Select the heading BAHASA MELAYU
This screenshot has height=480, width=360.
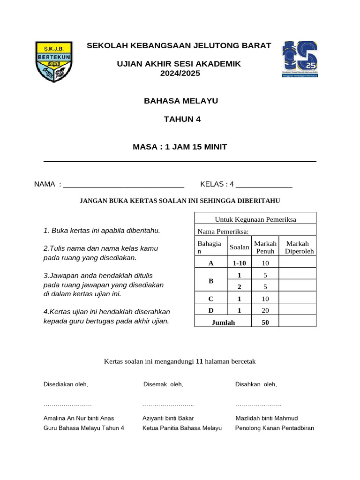(180, 101)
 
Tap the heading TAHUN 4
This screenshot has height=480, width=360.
(182, 119)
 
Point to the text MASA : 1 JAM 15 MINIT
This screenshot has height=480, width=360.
(180, 147)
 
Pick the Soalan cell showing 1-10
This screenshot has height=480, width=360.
(239, 263)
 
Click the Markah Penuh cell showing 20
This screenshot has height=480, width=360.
(265, 310)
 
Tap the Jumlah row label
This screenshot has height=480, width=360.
(223, 322)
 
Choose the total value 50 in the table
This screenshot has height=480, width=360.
(265, 322)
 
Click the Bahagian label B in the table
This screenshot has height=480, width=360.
(211, 281)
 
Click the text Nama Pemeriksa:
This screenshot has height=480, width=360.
(223, 232)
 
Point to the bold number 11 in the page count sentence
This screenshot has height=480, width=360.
(199, 361)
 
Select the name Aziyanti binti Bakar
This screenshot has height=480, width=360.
(168, 418)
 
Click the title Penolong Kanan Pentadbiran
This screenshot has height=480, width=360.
(274, 428)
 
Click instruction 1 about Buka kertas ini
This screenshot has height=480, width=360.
(102, 231)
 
